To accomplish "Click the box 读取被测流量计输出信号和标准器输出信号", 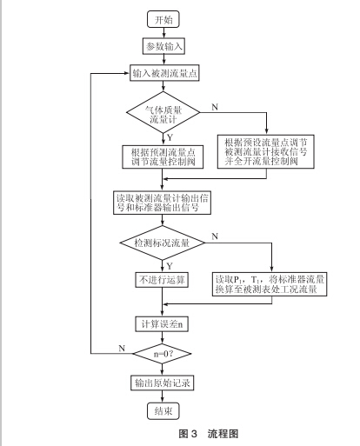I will (x=164, y=202).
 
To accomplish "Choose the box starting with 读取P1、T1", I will (x=270, y=284).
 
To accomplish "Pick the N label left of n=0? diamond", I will (x=122, y=347).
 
